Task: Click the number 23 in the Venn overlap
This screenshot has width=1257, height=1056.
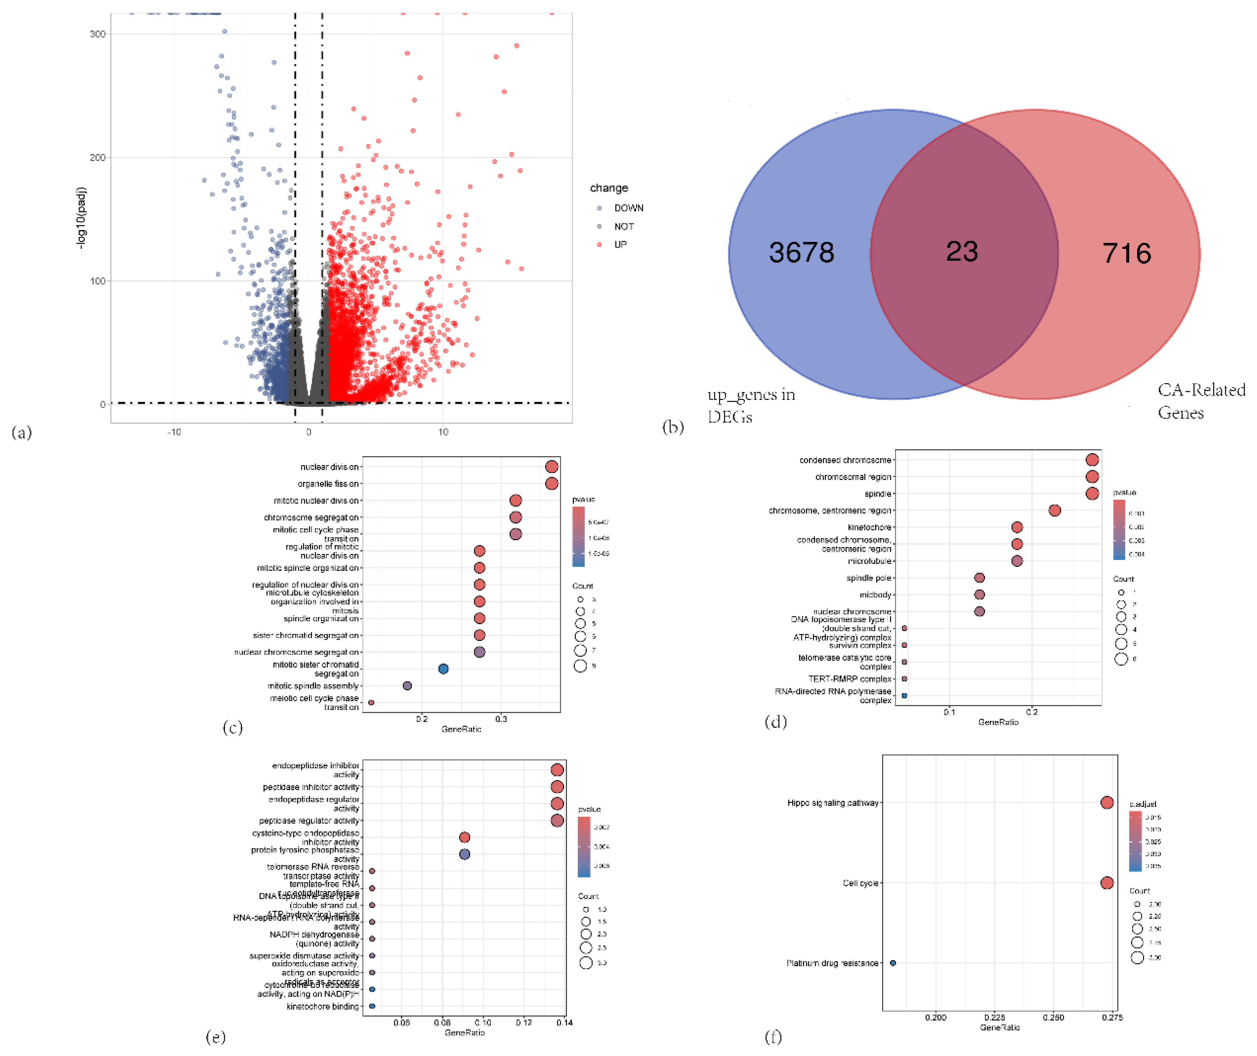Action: pyautogui.click(x=961, y=251)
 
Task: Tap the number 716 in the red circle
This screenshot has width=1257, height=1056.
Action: pyautogui.click(x=1127, y=253)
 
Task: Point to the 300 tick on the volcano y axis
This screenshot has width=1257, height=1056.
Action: pyautogui.click(x=97, y=34)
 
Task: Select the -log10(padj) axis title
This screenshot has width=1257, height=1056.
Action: pyautogui.click(x=81, y=218)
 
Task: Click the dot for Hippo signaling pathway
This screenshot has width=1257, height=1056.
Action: pyautogui.click(x=1107, y=803)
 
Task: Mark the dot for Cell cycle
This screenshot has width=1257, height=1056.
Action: pyautogui.click(x=1107, y=883)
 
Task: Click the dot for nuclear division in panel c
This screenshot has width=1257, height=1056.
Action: pyautogui.click(x=552, y=467)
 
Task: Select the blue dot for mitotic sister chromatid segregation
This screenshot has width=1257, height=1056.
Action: pyautogui.click(x=443, y=669)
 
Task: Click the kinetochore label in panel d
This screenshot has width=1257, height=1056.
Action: pyautogui.click(x=869, y=527)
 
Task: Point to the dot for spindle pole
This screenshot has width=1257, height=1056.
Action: pyautogui.click(x=979, y=578)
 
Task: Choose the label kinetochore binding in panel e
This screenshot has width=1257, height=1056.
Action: pyautogui.click(x=323, y=1006)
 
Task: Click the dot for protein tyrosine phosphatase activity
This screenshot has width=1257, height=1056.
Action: pyautogui.click(x=464, y=854)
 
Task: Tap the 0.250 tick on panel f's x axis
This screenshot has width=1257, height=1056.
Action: pyautogui.click(x=1053, y=1017)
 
